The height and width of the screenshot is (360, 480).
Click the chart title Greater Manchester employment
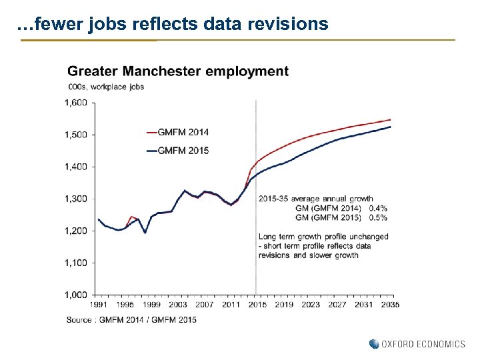click(x=178, y=71)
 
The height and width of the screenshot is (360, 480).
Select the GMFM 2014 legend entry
click(x=183, y=132)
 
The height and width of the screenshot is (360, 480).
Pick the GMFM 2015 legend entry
click(x=183, y=151)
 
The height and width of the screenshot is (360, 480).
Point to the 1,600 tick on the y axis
click(x=76, y=103)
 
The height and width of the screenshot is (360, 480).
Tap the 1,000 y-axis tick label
click(x=76, y=295)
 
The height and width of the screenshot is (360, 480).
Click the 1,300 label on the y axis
click(x=76, y=199)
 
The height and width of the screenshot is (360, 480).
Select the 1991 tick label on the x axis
click(x=98, y=305)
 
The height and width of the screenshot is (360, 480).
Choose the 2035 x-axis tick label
click(x=390, y=305)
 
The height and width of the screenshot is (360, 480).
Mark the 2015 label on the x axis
click(x=257, y=305)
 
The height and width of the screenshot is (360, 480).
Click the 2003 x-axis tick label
click(x=177, y=305)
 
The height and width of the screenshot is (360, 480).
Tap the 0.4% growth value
click(x=377, y=208)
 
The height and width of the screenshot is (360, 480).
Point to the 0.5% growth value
click(x=377, y=217)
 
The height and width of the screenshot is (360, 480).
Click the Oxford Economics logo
click(x=417, y=344)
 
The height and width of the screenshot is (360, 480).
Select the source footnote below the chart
click(x=131, y=320)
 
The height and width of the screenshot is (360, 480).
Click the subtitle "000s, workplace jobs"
click(x=106, y=87)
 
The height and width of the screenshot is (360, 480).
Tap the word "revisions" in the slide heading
click(x=291, y=25)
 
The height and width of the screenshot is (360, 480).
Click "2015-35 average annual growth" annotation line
click(x=316, y=199)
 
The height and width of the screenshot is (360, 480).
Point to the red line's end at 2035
click(x=391, y=120)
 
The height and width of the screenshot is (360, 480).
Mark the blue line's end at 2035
click(x=391, y=127)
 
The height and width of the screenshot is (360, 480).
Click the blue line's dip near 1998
click(x=145, y=232)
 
